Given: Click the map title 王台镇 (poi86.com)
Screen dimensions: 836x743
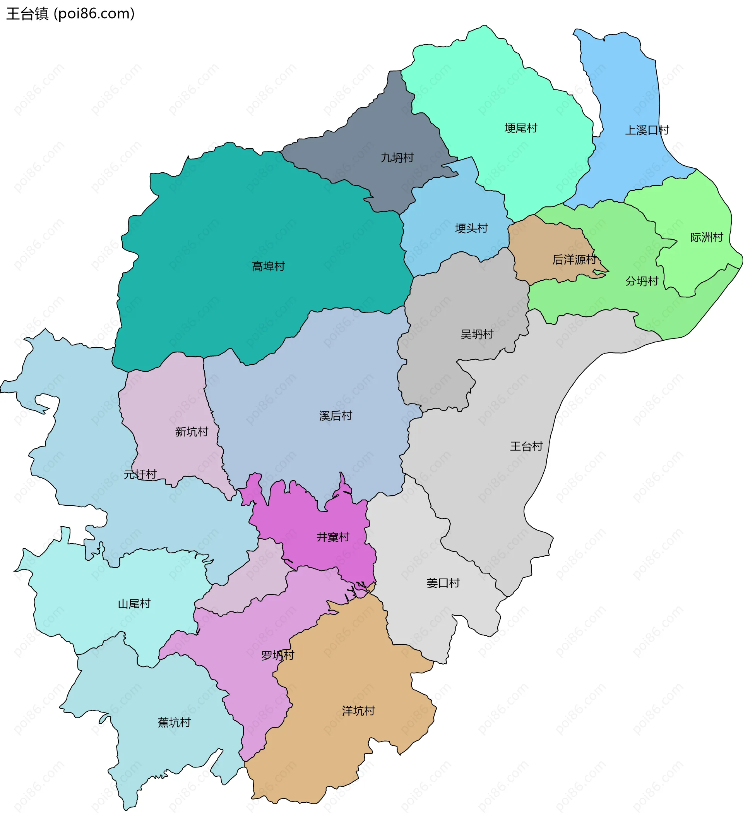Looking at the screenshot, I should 70,14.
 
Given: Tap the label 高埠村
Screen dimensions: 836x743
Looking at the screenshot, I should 268,267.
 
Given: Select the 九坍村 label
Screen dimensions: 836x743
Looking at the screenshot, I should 397,158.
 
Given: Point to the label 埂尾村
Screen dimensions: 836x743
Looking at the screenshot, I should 520,129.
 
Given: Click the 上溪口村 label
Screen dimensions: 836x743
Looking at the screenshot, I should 647,130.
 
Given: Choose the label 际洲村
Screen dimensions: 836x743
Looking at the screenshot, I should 707,237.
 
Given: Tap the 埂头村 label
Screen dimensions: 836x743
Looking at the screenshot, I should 471,228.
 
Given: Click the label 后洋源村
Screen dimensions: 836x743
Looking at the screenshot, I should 574,260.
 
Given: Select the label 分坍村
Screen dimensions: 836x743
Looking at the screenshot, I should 642,281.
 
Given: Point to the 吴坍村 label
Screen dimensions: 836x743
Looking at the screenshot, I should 477,335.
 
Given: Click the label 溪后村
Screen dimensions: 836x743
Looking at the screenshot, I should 336,416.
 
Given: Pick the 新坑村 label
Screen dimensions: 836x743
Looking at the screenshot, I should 192,432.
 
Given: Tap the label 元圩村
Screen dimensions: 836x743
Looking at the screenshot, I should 140,474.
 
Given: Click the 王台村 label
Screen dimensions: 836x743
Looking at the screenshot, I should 526,446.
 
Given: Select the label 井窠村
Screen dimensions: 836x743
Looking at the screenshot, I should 333,537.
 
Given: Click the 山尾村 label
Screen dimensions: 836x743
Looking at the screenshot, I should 134,604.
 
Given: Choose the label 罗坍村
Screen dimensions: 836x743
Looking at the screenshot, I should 277,656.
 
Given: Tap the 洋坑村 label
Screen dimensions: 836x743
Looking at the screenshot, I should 358,711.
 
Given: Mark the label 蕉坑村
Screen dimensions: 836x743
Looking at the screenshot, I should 174,723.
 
